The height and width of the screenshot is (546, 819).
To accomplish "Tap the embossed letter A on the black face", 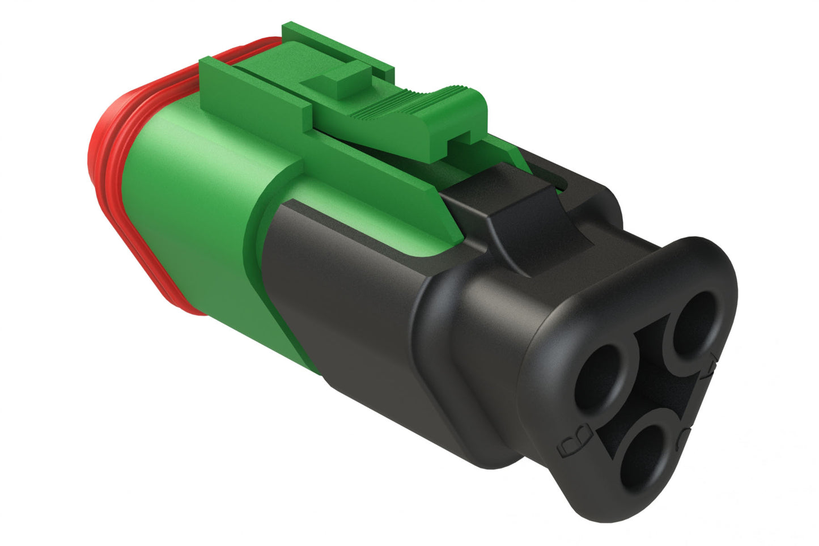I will pos(711,366).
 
